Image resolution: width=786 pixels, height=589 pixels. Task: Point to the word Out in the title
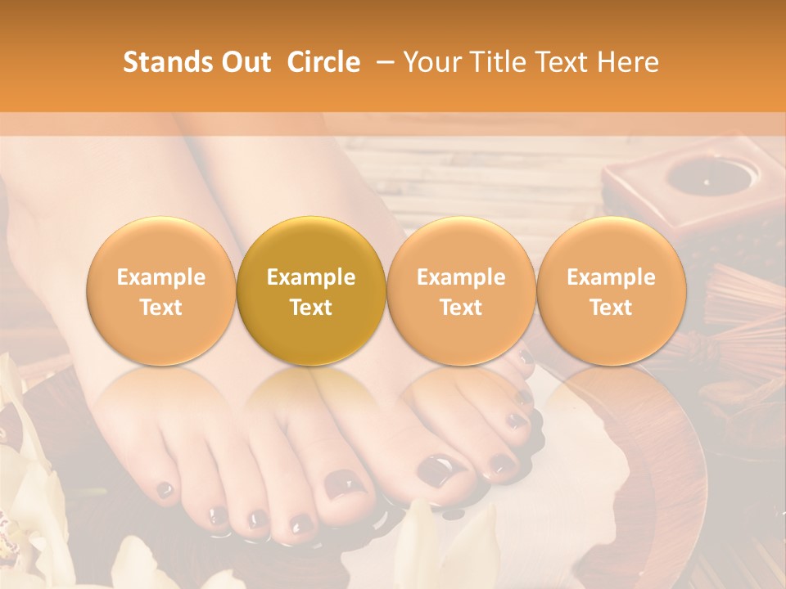tap(243, 62)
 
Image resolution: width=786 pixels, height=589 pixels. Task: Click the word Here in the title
tap(628, 62)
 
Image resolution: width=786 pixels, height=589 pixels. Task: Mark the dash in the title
tap(382, 62)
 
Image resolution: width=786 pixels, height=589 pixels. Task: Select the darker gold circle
tap(311, 291)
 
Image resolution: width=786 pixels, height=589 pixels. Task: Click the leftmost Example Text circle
tap(161, 291)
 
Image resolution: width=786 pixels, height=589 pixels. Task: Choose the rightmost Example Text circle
tap(611, 291)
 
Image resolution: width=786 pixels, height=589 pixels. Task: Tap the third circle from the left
tap(461, 291)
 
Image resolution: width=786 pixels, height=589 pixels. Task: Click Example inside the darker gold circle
tap(311, 277)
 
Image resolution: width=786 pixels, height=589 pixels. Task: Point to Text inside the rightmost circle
tap(611, 308)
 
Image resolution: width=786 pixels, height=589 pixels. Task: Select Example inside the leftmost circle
tap(161, 277)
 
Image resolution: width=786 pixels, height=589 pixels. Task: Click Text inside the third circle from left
tap(461, 308)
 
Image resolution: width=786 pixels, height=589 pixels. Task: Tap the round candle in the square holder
tap(701, 175)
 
